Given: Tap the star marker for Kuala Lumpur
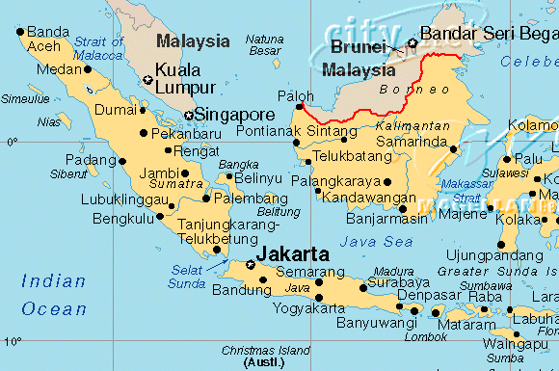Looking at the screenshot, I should [x=146, y=80].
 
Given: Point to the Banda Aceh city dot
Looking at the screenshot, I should [x=20, y=32].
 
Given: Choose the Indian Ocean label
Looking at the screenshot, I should [x=54, y=295].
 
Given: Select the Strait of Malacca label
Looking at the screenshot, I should [x=98, y=48].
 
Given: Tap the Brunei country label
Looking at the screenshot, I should [x=358, y=46].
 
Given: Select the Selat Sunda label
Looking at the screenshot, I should [x=188, y=277].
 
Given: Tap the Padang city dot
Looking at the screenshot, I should [x=122, y=161].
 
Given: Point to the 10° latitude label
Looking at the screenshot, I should [x=9, y=342].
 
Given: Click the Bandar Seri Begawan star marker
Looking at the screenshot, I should [x=413, y=42].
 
